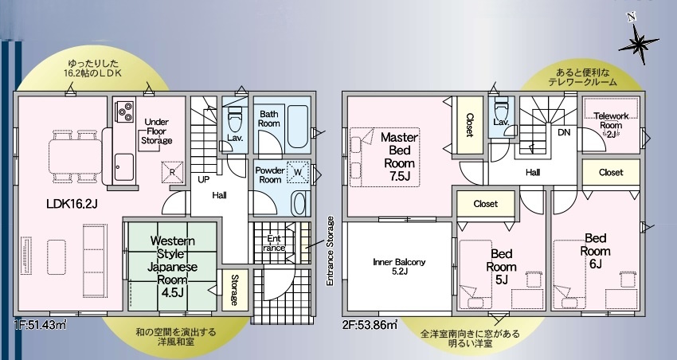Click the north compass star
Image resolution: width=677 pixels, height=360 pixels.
pyautogui.click(x=638, y=43)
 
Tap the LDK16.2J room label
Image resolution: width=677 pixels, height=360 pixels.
pyautogui.click(x=72, y=204)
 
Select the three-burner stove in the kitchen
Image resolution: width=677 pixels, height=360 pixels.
pyautogui.click(x=124, y=111)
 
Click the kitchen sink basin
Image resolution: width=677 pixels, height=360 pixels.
pyautogui.click(x=124, y=162)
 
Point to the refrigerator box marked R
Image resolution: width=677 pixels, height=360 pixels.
pyautogui.click(x=171, y=171)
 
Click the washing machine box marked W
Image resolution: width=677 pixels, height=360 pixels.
pyautogui.click(x=298, y=171)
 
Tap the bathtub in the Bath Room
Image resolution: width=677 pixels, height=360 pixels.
pyautogui.click(x=297, y=126)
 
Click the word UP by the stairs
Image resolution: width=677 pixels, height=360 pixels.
pyautogui.click(x=203, y=179)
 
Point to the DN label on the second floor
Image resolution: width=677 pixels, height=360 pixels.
pyautogui.click(x=564, y=132)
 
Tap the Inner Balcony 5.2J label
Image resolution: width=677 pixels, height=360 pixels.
pyautogui.click(x=399, y=266)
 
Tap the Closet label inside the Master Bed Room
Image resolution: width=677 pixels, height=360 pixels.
pyautogui.click(x=470, y=125)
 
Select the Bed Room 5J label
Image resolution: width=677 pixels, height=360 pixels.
pyautogui.click(x=501, y=267)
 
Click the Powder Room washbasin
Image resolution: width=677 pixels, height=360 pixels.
pyautogui.click(x=298, y=202)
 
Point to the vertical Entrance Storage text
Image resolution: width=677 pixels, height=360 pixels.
pyautogui.click(x=331, y=250)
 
